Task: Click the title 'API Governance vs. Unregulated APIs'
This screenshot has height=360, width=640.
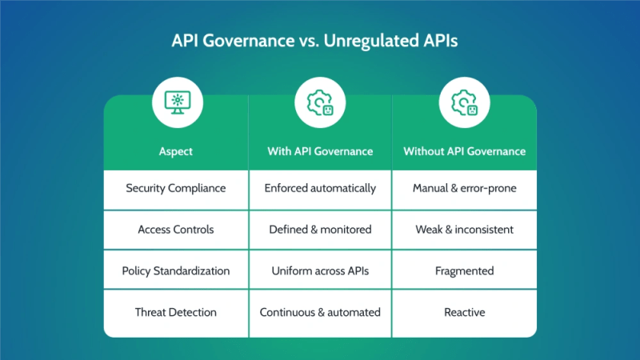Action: point(320,42)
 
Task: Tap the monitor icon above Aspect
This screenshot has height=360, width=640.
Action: point(176,102)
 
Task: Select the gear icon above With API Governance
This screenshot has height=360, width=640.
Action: point(320,102)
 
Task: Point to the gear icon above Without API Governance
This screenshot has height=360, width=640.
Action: point(464,102)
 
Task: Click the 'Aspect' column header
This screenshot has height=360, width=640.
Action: point(176,150)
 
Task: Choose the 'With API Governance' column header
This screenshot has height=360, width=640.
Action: point(320,150)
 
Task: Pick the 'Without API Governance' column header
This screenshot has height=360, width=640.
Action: point(464,150)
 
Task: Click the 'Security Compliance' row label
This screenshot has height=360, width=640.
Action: point(176,189)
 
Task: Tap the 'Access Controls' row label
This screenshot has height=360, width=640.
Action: point(176,230)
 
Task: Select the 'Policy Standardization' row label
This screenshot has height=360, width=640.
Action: point(176,271)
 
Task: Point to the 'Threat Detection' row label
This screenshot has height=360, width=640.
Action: point(176,312)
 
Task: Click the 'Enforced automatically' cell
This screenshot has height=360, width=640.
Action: point(320,189)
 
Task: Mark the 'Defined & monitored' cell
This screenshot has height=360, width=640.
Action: point(320,230)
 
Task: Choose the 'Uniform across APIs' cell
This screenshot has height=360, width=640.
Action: point(320,271)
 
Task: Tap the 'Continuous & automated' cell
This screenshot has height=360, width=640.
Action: point(320,312)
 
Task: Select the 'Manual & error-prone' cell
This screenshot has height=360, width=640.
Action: point(464,189)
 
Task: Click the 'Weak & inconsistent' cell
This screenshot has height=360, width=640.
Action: point(464,230)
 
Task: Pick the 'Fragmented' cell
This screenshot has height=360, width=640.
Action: point(464,271)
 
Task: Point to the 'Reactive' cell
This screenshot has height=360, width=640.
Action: point(464,312)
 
